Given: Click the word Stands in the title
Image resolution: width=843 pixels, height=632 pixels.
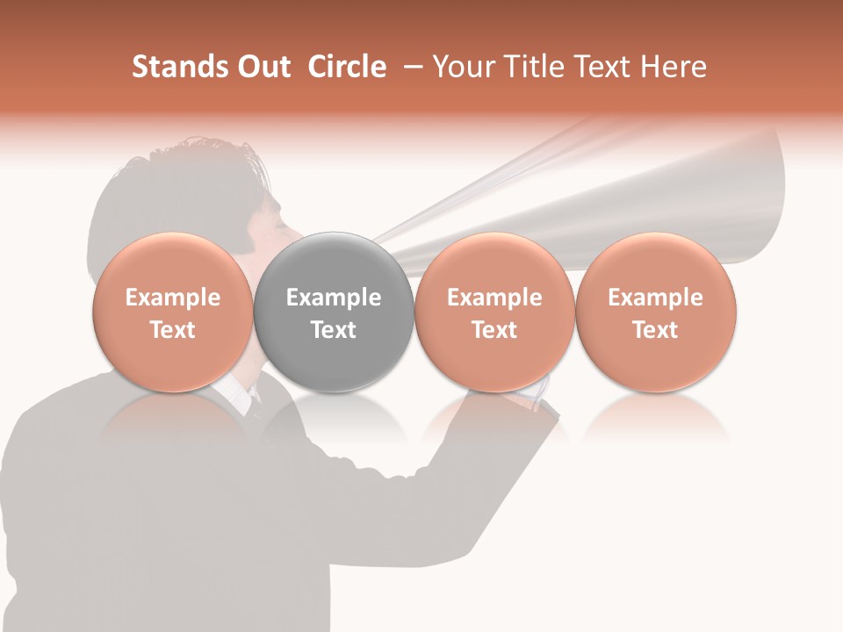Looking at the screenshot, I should pos(178,67).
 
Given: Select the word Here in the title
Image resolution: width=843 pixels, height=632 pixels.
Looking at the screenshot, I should pos(674,67).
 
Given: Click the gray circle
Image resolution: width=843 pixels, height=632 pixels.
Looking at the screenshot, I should pos(334,263).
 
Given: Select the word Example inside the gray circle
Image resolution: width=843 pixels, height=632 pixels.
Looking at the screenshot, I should pos(334,298).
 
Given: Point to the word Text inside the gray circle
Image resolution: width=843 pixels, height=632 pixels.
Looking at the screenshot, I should pos(334,330).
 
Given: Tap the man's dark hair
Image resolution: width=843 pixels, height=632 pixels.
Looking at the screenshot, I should pos(176,184).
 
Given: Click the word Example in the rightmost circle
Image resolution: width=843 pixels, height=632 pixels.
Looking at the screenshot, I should pos(656,298).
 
